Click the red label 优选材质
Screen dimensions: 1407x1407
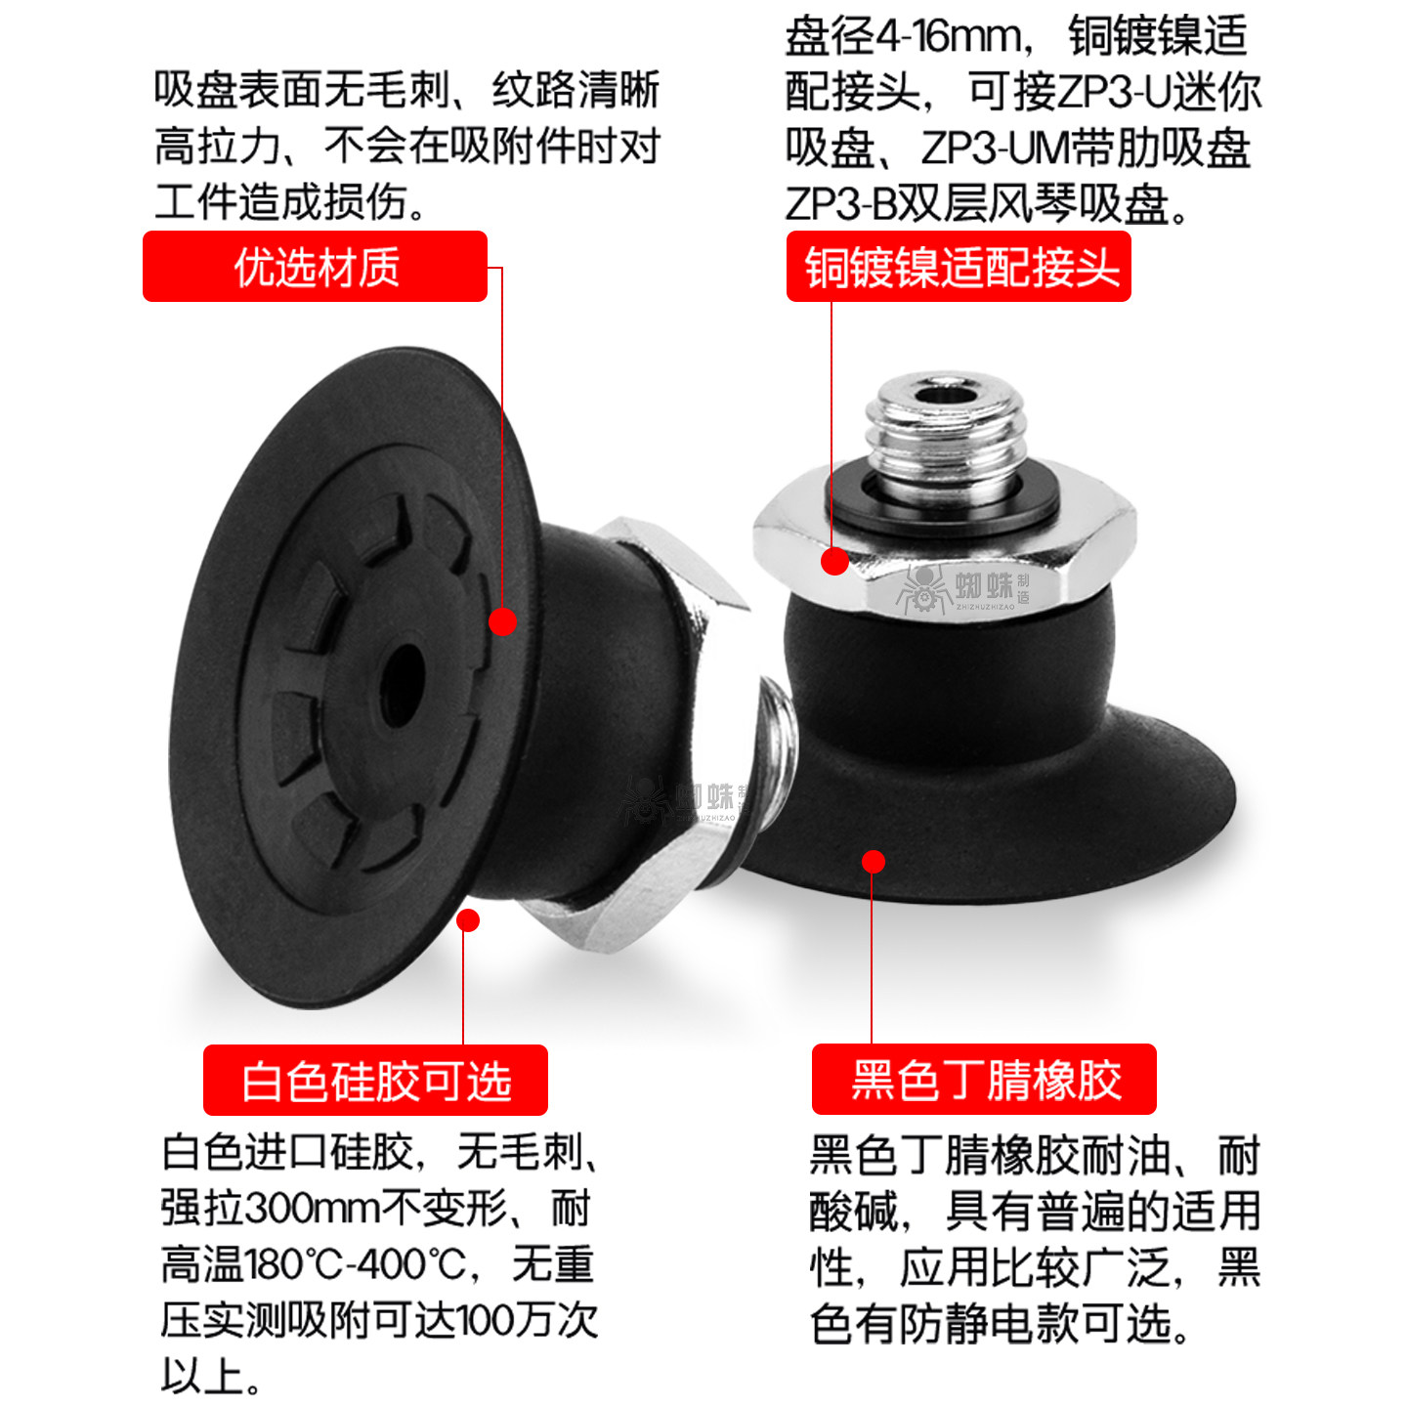pyautogui.click(x=315, y=267)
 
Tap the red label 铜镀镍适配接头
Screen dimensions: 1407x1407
pyautogui.click(x=959, y=267)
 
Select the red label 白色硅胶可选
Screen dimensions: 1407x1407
pyautogui.click(x=375, y=1081)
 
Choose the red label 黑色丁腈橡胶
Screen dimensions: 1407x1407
pyautogui.click(x=984, y=1080)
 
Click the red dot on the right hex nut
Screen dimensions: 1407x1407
pyautogui.click(x=834, y=561)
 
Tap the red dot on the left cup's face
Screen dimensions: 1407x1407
pyautogui.click(x=502, y=621)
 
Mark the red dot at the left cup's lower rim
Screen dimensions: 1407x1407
pyautogui.click(x=468, y=920)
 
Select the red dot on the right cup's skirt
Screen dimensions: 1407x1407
pyautogui.click(x=874, y=861)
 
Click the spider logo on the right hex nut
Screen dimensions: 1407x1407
pyautogui.click(x=922, y=587)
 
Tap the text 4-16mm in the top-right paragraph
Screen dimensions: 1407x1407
pyautogui.click(x=948, y=37)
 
